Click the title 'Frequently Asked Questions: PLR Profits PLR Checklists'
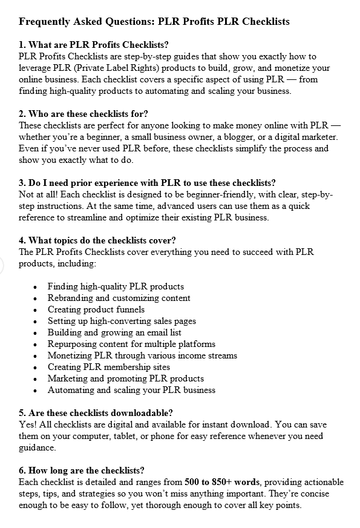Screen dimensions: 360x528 154,22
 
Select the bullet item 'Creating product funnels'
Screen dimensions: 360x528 97,309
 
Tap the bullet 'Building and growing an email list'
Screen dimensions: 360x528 114,332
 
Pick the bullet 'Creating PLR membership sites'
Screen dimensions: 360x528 109,367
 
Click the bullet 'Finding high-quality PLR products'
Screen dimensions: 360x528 116,286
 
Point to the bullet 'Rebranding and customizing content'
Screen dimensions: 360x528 119,298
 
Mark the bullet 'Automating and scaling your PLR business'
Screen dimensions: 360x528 131,390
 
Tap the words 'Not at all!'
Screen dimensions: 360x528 38,194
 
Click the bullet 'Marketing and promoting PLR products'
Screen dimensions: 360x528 125,378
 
